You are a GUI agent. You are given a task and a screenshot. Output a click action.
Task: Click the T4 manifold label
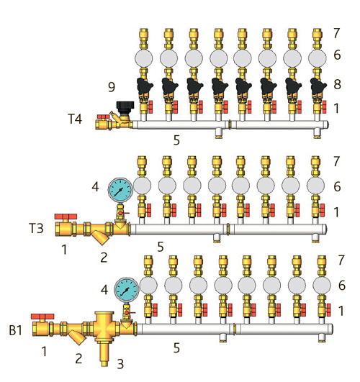coord(75,119)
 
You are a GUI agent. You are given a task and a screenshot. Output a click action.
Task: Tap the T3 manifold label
coord(36,228)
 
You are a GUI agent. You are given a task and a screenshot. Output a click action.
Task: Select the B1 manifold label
coord(16,330)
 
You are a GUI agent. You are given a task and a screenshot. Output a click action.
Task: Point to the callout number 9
coord(112,87)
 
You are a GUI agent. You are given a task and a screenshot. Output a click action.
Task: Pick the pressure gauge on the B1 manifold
coord(127,290)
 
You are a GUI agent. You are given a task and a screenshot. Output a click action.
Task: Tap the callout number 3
coord(120,364)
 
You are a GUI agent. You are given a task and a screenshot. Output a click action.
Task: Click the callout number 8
coord(337,84)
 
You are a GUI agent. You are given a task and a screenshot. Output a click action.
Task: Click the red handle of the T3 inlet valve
coord(66,217)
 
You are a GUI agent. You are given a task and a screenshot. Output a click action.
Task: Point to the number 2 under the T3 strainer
coord(104,258)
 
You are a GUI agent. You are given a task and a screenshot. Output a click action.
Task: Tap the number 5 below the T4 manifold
coord(176,140)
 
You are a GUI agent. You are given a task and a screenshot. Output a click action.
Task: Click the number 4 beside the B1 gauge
coord(104,290)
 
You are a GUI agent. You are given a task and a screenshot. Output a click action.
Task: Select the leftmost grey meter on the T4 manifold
coord(144,58)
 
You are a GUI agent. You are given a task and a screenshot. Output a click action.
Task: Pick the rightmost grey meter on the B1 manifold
coord(322,285)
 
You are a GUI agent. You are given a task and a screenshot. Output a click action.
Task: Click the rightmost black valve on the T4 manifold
coord(318,86)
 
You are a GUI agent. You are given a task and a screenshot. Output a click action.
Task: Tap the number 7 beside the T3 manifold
coord(337,161)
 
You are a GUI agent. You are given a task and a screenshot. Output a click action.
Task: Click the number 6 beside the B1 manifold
coord(342,285)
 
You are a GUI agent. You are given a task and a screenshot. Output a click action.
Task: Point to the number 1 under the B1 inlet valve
coord(44,351)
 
